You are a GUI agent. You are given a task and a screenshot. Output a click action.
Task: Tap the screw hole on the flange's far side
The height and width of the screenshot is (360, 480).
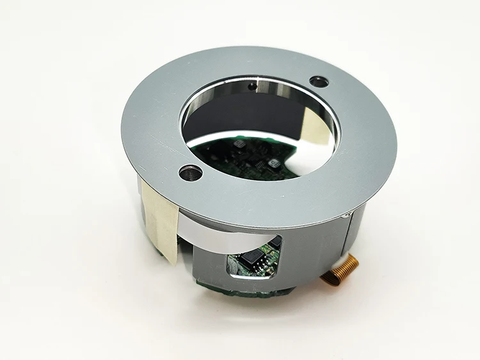[x=318, y=81]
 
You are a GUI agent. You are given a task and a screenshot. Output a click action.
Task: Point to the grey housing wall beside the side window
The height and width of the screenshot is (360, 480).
[x=307, y=249]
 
